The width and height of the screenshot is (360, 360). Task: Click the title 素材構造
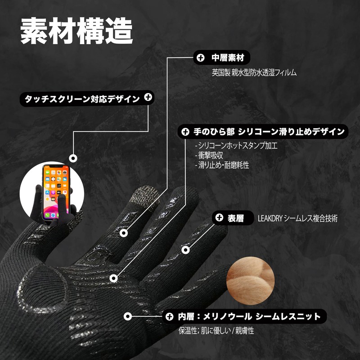coord(76,31)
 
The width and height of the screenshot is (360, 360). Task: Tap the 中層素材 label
coord(228,58)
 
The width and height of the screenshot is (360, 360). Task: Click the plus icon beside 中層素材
coord(200,58)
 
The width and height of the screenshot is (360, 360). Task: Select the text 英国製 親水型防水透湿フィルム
coord(254,72)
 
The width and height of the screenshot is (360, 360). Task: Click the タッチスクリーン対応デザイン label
coord(82,99)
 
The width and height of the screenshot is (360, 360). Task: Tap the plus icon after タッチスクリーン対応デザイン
coord(148,97)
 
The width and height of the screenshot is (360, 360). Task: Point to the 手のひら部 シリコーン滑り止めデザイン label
coord(269,131)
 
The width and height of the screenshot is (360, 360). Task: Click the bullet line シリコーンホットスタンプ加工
coord(236,145)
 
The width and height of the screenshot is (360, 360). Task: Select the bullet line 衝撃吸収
coord(209,155)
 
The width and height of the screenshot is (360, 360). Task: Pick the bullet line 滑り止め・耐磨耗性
coord(222,165)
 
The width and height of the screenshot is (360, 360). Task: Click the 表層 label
coord(235,218)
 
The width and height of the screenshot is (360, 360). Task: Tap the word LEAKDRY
coord(270,218)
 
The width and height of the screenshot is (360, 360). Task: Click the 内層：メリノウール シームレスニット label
coord(249,317)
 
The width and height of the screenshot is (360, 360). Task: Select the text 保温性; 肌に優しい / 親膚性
coord(216,331)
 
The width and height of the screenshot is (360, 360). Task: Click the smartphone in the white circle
coord(56,193)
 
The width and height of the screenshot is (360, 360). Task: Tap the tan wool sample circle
coord(251,281)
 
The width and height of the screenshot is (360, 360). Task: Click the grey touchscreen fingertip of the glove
coord(145,198)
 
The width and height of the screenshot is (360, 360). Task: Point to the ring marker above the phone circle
coord(73,158)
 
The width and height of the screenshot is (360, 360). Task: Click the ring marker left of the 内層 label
coord(128,316)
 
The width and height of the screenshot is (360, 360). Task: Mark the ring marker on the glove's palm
coord(113,278)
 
